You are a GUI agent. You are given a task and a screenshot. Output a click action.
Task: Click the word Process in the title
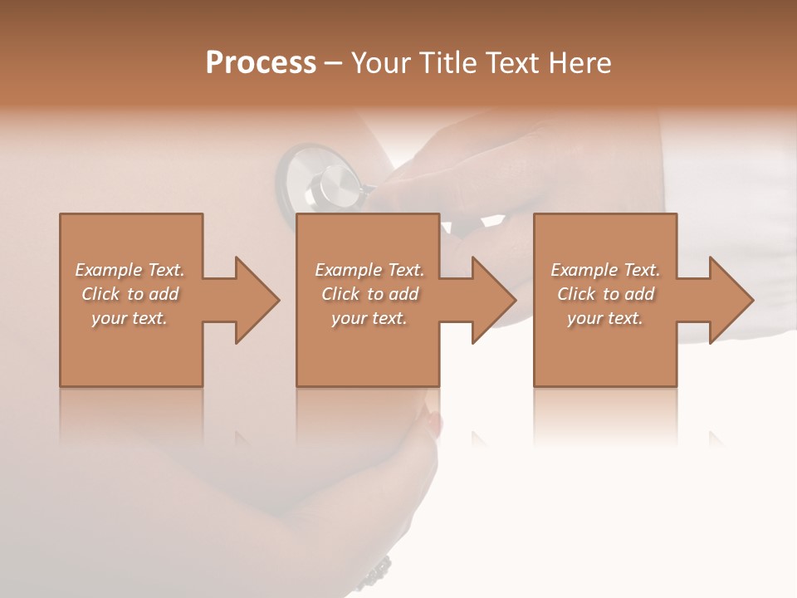pyautogui.click(x=261, y=63)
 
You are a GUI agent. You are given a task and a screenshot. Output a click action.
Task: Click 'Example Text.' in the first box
pyautogui.click(x=130, y=270)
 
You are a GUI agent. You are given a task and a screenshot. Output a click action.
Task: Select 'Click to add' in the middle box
pyautogui.click(x=369, y=294)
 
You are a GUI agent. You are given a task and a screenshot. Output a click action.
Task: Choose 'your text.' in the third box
pyautogui.click(x=605, y=318)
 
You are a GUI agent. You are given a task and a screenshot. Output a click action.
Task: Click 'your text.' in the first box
pyautogui.click(x=130, y=318)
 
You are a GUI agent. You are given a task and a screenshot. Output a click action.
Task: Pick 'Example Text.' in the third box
pyautogui.click(x=605, y=270)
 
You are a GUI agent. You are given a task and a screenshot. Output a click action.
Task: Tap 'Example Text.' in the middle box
pyautogui.click(x=369, y=270)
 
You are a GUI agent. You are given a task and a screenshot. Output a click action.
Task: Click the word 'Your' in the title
pyautogui.click(x=380, y=63)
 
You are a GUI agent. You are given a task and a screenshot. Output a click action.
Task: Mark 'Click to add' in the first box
pyautogui.click(x=130, y=294)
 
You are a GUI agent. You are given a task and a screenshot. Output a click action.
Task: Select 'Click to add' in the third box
pyautogui.click(x=605, y=294)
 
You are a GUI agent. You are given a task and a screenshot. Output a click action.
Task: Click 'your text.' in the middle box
pyautogui.click(x=369, y=318)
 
